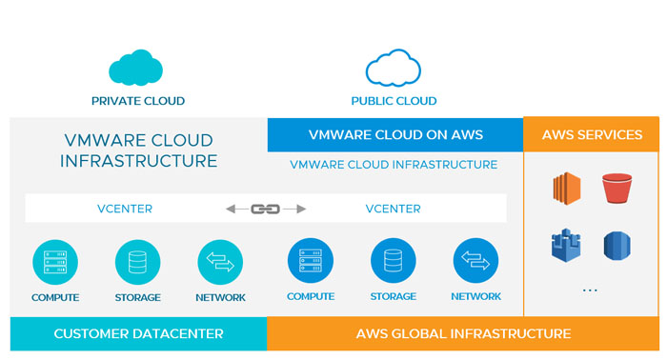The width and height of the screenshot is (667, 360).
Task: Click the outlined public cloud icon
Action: [x=394, y=69]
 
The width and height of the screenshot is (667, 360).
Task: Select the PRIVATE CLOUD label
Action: [x=138, y=101]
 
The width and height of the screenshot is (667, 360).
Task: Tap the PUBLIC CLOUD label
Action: [x=394, y=101]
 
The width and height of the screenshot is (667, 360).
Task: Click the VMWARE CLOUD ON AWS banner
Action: [x=394, y=134]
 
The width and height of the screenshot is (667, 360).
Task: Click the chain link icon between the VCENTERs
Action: [x=265, y=209]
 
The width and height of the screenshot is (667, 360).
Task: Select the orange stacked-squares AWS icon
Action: [x=567, y=189]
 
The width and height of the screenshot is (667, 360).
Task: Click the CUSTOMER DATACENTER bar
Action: [x=138, y=334]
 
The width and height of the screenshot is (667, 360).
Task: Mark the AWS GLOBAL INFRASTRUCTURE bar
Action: [x=463, y=334]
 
